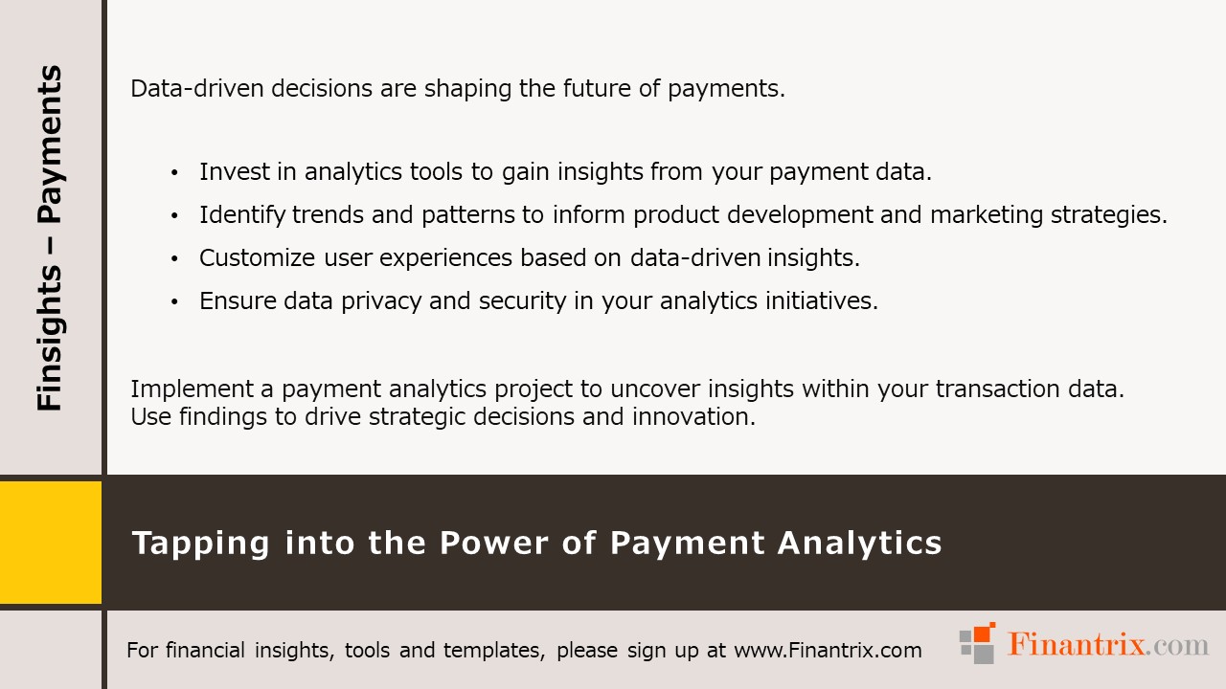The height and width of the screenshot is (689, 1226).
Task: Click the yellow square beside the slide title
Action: (50, 543)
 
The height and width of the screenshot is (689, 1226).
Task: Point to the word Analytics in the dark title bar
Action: (859, 544)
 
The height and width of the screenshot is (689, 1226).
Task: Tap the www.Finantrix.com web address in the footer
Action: (828, 651)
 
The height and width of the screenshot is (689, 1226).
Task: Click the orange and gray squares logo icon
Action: (978, 643)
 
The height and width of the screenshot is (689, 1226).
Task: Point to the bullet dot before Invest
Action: (174, 173)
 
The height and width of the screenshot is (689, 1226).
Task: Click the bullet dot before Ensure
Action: (174, 302)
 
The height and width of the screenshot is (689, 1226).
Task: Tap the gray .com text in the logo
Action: (1179, 645)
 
